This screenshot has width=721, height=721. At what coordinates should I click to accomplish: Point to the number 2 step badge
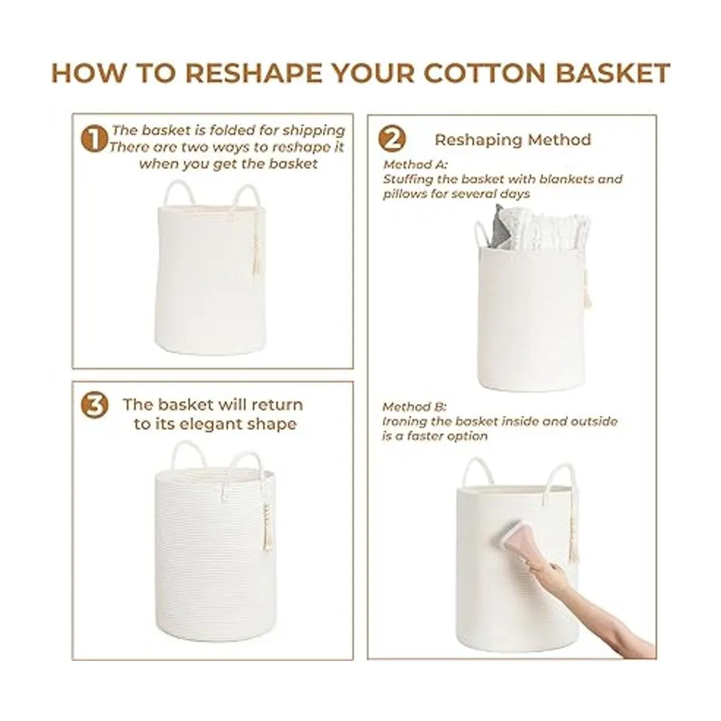(x=392, y=139)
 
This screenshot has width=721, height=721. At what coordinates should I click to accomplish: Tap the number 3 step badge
(x=95, y=406)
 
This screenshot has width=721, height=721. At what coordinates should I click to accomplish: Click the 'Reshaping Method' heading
(x=513, y=139)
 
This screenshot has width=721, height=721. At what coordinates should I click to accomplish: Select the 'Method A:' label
(x=415, y=164)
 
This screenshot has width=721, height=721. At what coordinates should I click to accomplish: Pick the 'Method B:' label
(x=414, y=406)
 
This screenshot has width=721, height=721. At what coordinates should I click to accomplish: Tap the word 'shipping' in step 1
(x=313, y=130)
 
